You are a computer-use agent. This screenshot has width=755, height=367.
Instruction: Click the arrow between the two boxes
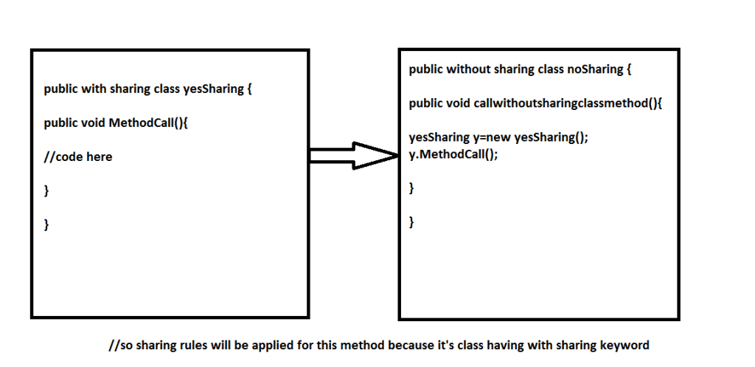click(x=353, y=155)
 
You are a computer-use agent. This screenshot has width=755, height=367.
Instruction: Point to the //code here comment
click(x=78, y=157)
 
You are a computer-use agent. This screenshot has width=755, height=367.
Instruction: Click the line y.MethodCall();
click(x=453, y=155)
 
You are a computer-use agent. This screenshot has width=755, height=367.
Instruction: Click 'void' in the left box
click(x=94, y=123)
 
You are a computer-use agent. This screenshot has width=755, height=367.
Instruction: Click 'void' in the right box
click(x=459, y=103)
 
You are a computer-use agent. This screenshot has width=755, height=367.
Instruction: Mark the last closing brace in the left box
click(x=46, y=224)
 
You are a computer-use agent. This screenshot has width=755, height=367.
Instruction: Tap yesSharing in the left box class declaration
click(x=213, y=89)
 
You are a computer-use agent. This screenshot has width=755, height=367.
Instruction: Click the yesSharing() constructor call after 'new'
click(x=549, y=138)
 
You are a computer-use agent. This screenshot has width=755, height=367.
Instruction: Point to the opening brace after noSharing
click(x=629, y=70)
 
